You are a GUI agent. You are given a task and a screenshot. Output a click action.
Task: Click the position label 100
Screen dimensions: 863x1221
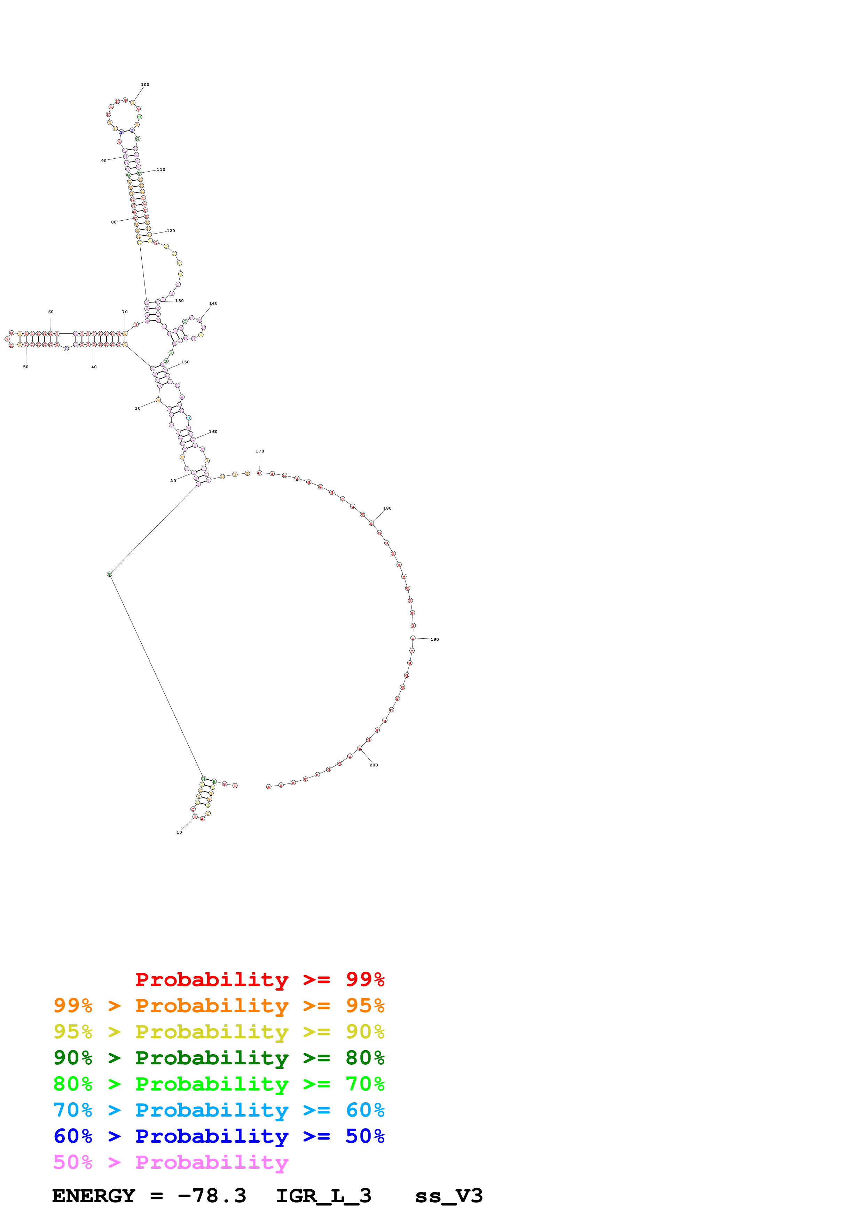(x=144, y=85)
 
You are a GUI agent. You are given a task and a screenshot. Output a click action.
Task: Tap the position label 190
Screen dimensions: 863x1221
(x=434, y=639)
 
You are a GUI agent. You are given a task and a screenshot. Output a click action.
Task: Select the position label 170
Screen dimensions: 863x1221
(x=259, y=451)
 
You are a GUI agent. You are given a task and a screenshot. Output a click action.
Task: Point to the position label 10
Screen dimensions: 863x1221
(x=179, y=832)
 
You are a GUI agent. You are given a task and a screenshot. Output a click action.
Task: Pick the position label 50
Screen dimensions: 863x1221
(x=25, y=367)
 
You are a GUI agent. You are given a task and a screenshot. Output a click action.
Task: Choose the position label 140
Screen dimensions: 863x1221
(x=213, y=303)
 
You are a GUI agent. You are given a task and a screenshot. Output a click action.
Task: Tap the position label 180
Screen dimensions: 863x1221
(x=387, y=509)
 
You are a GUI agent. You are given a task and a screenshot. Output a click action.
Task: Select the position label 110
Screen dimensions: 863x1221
(x=160, y=170)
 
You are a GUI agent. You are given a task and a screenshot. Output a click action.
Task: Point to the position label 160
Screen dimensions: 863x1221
(x=213, y=432)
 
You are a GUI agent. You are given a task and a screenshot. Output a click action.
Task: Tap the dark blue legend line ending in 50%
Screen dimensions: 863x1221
(x=219, y=1136)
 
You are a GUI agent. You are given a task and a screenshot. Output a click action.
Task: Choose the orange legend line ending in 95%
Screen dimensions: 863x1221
(x=219, y=1006)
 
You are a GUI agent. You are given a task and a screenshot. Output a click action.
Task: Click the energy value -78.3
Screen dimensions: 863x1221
(x=212, y=1196)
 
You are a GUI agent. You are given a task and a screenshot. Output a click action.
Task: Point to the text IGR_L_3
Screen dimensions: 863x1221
(x=323, y=1196)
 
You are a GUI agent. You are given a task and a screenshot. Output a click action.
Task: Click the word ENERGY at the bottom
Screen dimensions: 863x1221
(x=94, y=1196)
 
